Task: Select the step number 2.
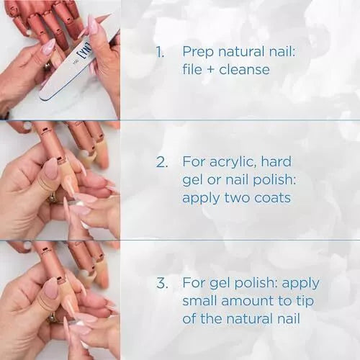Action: click(161, 161)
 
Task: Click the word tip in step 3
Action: click(300, 301)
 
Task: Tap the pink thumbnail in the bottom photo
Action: click(50, 288)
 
